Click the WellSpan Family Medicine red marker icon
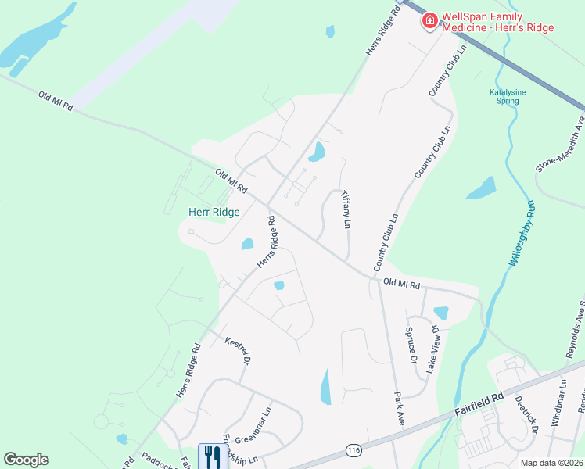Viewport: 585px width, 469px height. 429,21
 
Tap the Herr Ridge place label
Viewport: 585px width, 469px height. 214,212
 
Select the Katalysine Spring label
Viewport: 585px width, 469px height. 508,96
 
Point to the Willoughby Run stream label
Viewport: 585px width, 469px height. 522,234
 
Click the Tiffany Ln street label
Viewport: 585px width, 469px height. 344,212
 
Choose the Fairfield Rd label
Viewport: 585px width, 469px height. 479,405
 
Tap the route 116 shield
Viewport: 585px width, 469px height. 354,450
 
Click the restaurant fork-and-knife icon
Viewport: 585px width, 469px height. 212,456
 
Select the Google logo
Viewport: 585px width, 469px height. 26,460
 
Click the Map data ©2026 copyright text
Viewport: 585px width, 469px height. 552,463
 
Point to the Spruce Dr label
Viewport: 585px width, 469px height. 411,343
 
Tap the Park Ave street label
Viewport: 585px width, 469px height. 399,406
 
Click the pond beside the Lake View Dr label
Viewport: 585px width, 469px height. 441,313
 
